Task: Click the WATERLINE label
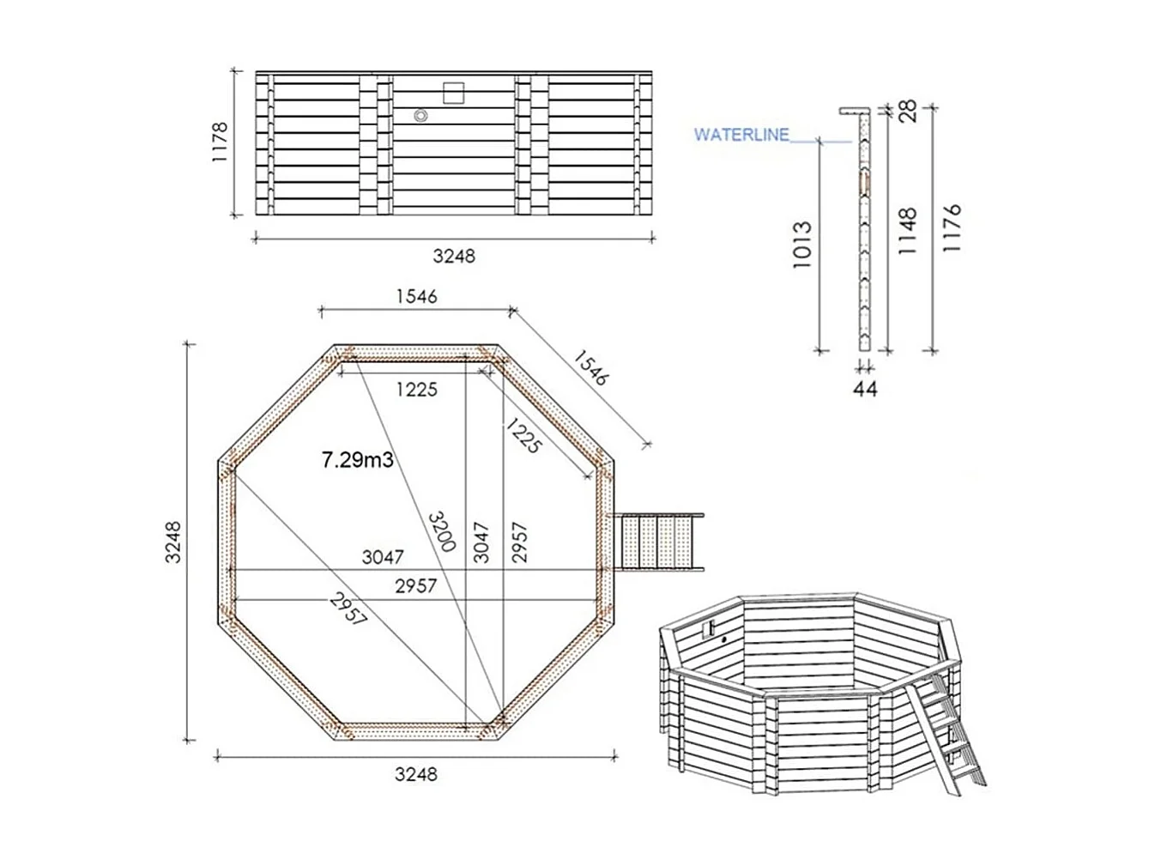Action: pyautogui.click(x=741, y=135)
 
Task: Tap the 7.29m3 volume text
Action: pyautogui.click(x=357, y=460)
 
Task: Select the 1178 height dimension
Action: pyautogui.click(x=220, y=142)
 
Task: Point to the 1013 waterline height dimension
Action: pyautogui.click(x=801, y=246)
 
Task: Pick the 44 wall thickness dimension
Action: pyautogui.click(x=865, y=389)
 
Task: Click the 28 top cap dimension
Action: pyautogui.click(x=908, y=111)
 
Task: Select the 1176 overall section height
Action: pyautogui.click(x=952, y=227)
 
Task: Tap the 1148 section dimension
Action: pyautogui.click(x=908, y=230)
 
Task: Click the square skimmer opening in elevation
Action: pyautogui.click(x=452, y=91)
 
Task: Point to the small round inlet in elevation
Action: pyautogui.click(x=420, y=115)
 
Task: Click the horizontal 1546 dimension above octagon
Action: pyautogui.click(x=416, y=296)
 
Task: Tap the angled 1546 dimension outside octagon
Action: pyautogui.click(x=590, y=367)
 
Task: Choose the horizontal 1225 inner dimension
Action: pyautogui.click(x=416, y=390)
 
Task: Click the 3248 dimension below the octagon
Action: pyautogui.click(x=415, y=774)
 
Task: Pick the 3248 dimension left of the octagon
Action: pyautogui.click(x=173, y=542)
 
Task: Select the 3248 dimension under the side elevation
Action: pyautogui.click(x=453, y=256)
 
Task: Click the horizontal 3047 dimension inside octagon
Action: pyautogui.click(x=382, y=558)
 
